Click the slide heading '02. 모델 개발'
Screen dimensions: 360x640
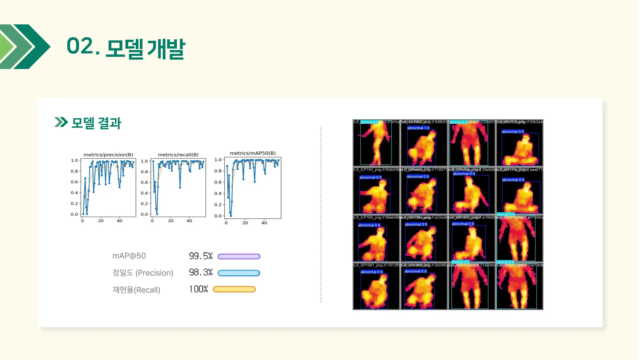click(126, 47)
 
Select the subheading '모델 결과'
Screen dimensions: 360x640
click(96, 123)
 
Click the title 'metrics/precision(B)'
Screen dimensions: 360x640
click(108, 155)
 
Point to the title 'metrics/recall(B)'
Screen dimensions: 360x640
click(178, 155)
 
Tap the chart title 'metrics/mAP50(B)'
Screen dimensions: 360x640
click(252, 153)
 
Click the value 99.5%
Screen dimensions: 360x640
click(201, 256)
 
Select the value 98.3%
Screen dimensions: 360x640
click(201, 272)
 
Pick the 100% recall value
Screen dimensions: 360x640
click(199, 289)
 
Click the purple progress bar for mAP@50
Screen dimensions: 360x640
click(239, 257)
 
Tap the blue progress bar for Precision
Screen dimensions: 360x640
click(239, 273)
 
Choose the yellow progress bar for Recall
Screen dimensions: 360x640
click(234, 289)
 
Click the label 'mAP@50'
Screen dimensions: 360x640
click(129, 256)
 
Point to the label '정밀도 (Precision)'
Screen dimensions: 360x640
click(142, 273)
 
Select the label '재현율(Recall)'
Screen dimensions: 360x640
click(136, 290)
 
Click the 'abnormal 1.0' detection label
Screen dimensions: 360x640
click(418, 128)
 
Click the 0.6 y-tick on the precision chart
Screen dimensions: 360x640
click(74, 182)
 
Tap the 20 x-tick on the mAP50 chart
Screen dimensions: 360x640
click(245, 223)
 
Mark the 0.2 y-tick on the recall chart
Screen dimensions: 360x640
click(144, 203)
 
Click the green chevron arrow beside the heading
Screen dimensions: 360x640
click(25, 47)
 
